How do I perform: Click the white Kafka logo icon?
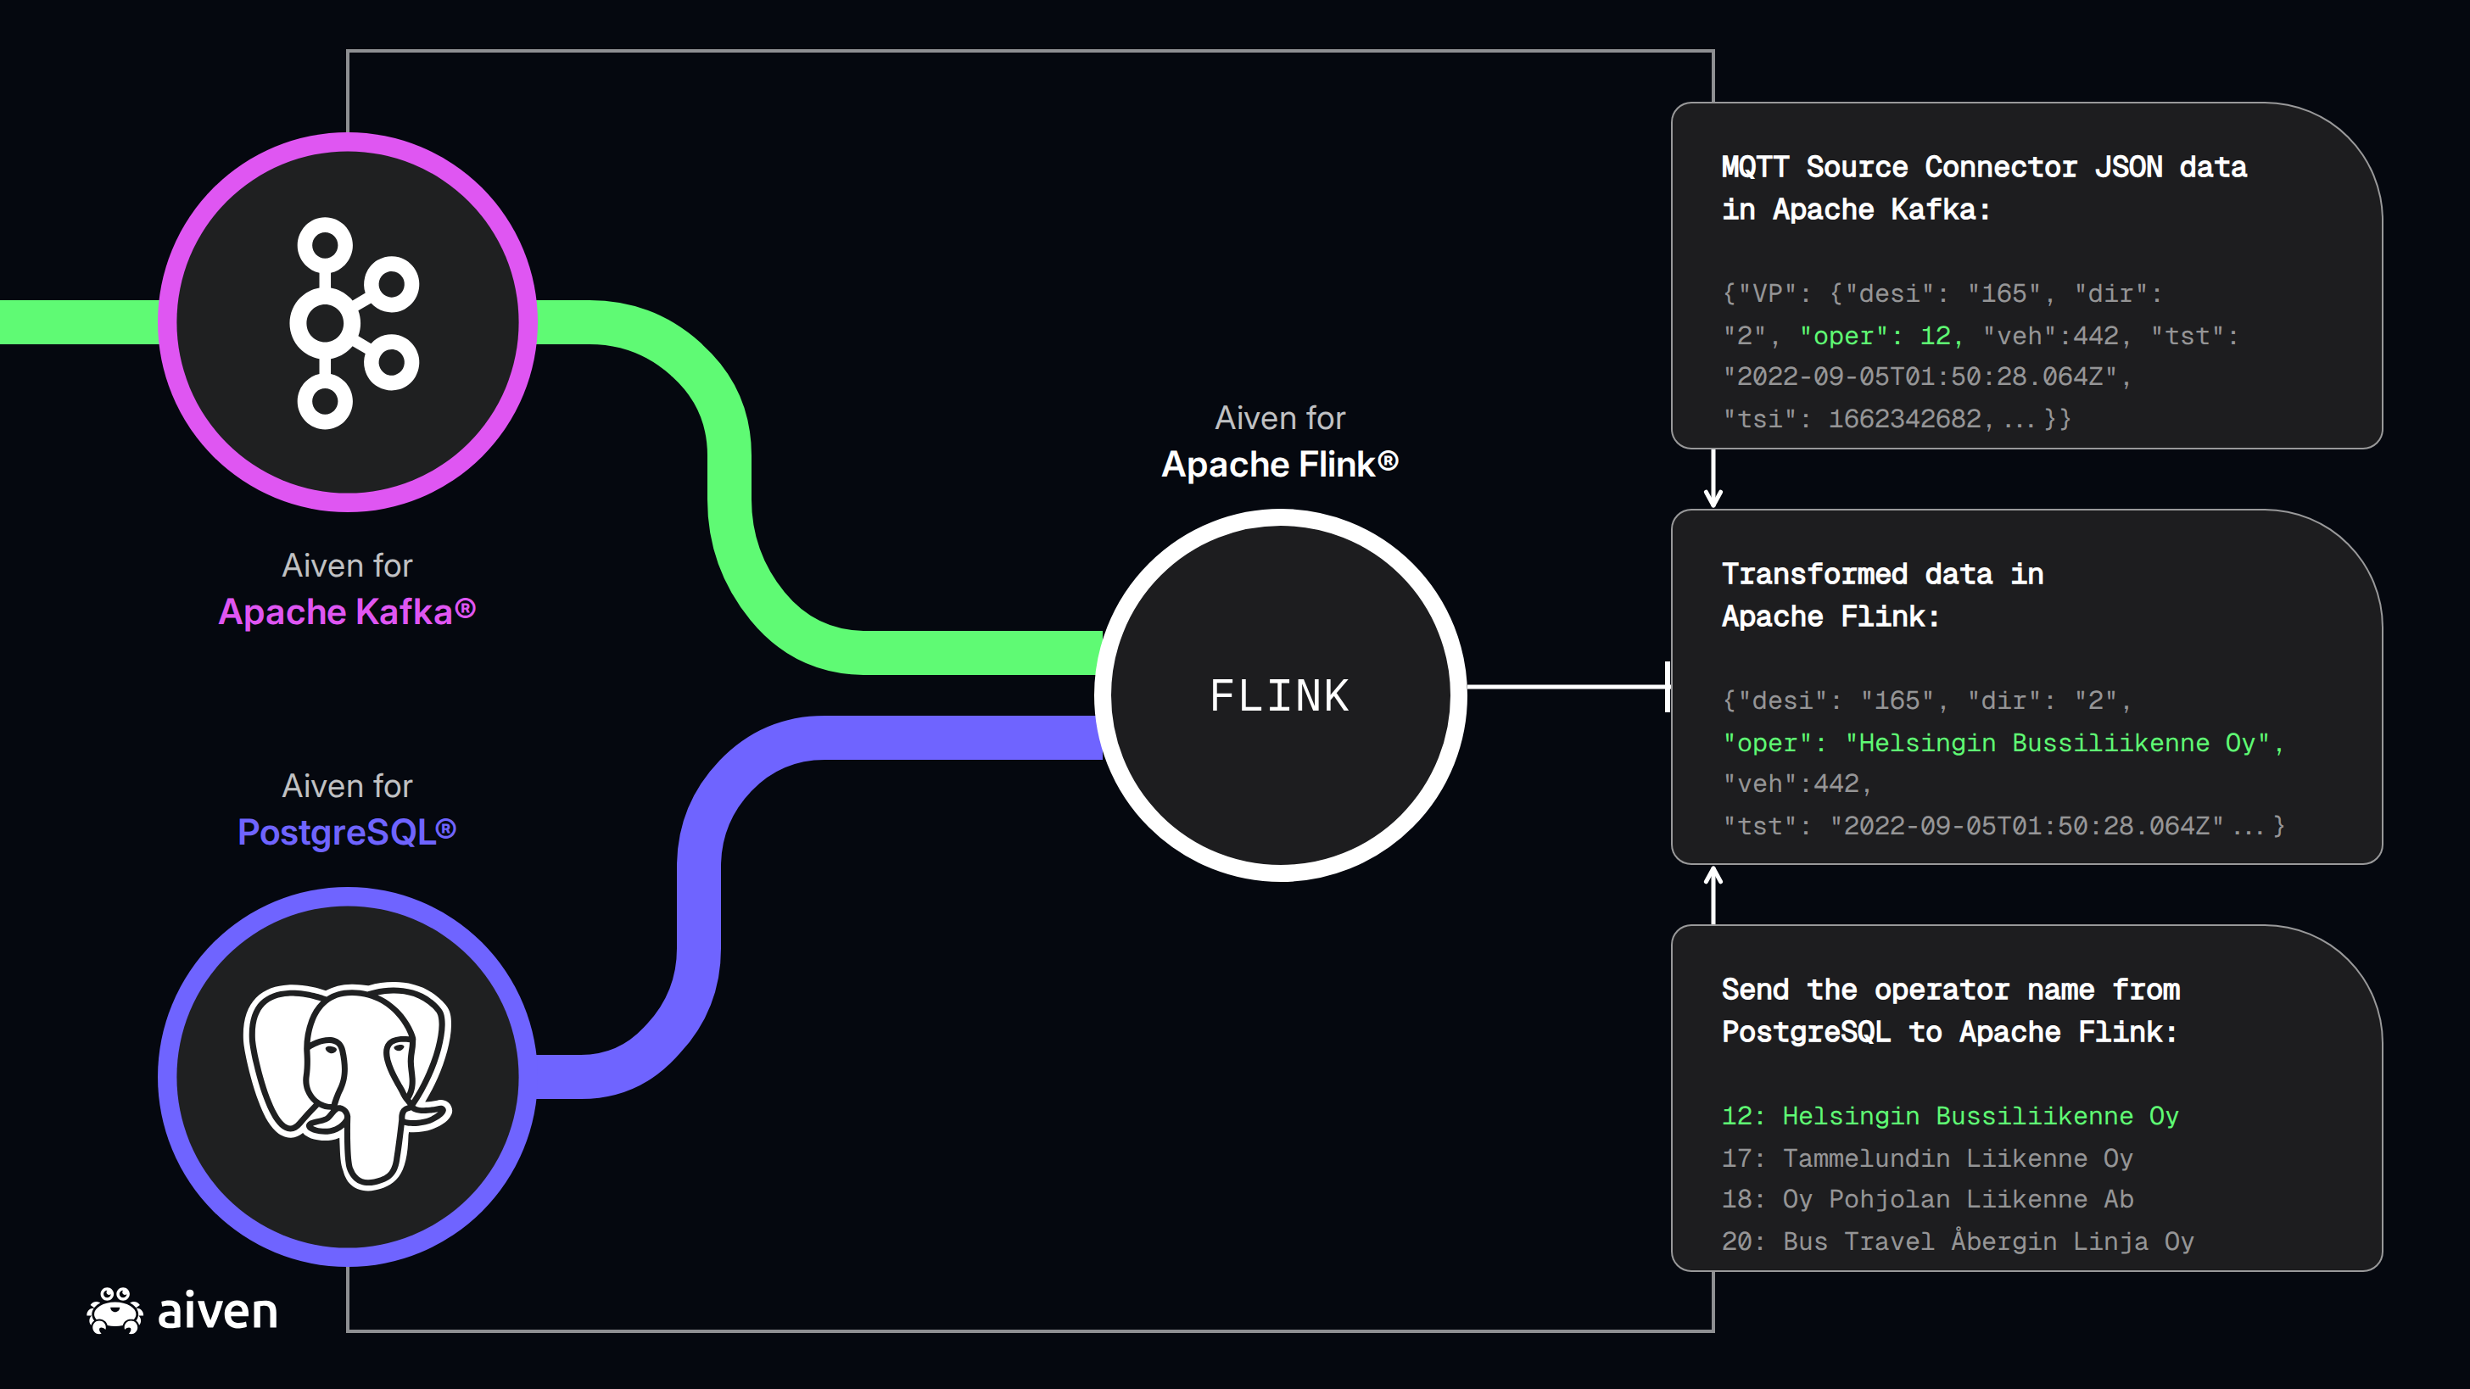[354, 323]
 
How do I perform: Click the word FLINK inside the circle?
[1279, 696]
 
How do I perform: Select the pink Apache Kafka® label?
[347, 611]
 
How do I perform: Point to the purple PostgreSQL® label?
[346, 832]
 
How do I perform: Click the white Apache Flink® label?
[1280, 464]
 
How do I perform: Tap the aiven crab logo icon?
[115, 1309]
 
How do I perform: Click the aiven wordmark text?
[218, 1311]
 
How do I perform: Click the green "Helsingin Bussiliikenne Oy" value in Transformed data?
[2058, 743]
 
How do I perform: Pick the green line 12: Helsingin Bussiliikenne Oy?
[1950, 1116]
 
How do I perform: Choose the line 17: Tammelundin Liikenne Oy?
[1927, 1158]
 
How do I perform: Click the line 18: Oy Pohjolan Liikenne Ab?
[1927, 1199]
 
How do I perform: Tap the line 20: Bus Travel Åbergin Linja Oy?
[1958, 1241]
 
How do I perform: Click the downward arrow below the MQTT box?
[1713, 477]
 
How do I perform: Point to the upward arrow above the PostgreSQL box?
[1713, 895]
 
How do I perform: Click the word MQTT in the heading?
[1755, 167]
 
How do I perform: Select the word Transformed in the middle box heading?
[1814, 574]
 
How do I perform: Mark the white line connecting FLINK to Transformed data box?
[1568, 686]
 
